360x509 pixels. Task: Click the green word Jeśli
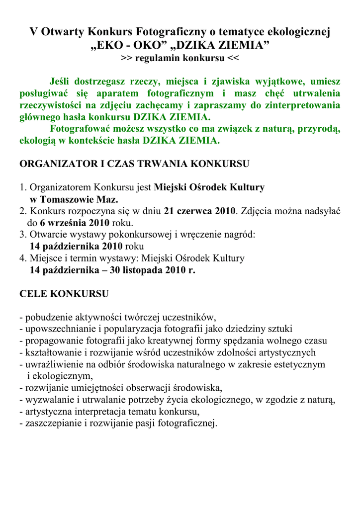pos(63,82)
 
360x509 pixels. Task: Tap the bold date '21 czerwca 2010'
pos(199,211)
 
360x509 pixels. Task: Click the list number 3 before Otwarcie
pos(22,235)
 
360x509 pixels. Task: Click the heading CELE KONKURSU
pos(64,294)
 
